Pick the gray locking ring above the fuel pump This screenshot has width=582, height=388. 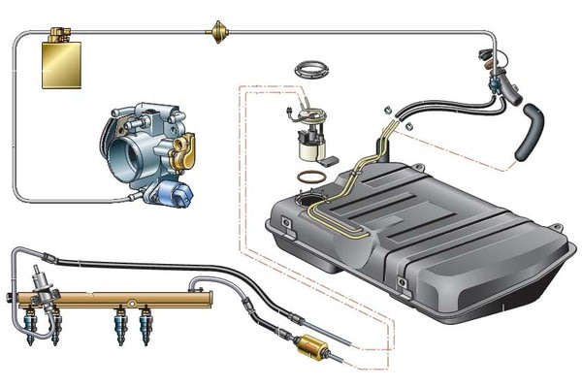[x=311, y=69]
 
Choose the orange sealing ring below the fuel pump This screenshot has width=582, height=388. [x=311, y=178]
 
